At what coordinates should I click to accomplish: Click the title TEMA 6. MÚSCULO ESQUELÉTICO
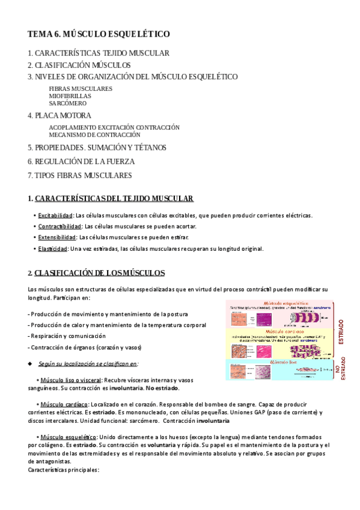[99, 34]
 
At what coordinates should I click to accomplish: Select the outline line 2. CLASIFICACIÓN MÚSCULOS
[79, 65]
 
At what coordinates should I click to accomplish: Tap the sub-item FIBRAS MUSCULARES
[81, 88]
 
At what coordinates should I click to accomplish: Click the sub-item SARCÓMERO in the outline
[68, 103]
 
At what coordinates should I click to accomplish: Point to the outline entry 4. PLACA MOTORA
[59, 115]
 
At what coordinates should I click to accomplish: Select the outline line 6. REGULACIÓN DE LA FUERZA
[81, 161]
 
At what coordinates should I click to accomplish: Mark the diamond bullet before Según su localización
[30, 364]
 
